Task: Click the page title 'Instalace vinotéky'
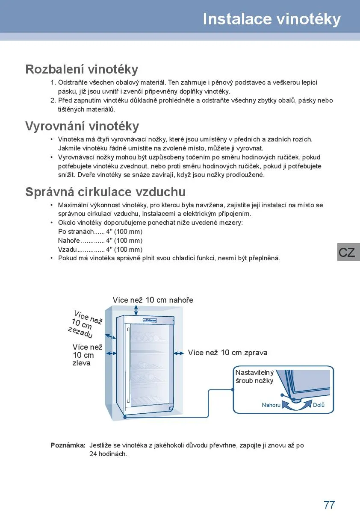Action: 271,19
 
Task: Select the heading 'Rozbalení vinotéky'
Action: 82,69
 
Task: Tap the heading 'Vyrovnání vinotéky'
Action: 82,126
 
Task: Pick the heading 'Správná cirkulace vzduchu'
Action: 105,191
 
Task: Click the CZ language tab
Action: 347,252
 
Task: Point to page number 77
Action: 329,505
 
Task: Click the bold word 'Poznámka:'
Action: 68,445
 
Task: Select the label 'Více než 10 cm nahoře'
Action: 153,300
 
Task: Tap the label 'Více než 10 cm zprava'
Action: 227,353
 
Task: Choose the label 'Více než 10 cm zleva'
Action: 87,355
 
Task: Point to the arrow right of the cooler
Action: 179,353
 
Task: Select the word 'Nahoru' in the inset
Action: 271,405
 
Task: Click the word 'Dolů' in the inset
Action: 319,405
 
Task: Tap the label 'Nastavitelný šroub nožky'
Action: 254,377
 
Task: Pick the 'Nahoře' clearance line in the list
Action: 100,241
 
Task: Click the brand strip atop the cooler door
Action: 149,320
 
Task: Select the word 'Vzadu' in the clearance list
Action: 67,250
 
